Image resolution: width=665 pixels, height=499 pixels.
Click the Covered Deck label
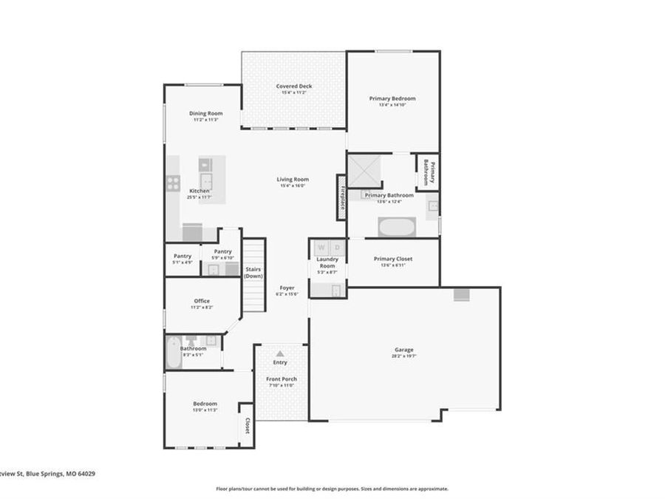(x=294, y=86)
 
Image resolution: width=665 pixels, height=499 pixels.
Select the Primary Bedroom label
(x=392, y=98)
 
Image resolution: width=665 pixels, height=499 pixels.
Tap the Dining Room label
(x=205, y=113)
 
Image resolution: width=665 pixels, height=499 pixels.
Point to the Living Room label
(x=293, y=179)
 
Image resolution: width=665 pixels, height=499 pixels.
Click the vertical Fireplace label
(x=342, y=197)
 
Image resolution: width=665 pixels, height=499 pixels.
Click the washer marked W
(x=321, y=248)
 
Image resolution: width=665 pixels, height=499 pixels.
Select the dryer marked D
(x=337, y=248)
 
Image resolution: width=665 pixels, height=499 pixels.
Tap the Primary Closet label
(x=392, y=259)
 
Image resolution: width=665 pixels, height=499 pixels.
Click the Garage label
(x=403, y=350)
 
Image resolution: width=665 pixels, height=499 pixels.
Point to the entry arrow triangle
(x=280, y=354)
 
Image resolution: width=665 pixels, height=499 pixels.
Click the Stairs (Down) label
(x=253, y=272)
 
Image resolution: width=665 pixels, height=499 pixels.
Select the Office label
(x=202, y=301)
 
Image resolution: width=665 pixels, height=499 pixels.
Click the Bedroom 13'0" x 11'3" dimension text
(x=205, y=410)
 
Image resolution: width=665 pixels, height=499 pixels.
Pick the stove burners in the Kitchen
(x=173, y=183)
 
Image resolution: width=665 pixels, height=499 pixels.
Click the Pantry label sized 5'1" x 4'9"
(x=182, y=256)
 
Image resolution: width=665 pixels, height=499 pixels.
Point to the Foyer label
(x=287, y=288)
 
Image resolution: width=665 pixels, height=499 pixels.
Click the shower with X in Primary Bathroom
(x=364, y=171)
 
